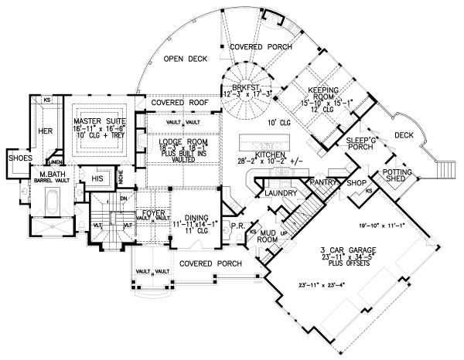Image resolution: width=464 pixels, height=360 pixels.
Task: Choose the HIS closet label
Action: [97, 179]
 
